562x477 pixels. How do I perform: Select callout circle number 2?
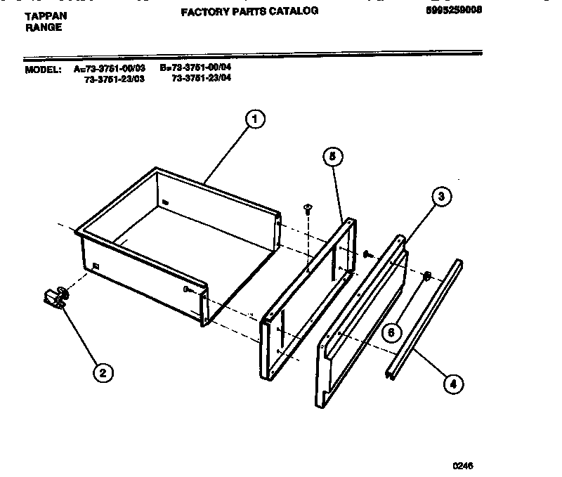[x=102, y=373]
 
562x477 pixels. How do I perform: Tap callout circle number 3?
[x=440, y=197]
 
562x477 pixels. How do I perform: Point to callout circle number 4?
[x=453, y=383]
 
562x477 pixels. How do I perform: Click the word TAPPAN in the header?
[x=46, y=14]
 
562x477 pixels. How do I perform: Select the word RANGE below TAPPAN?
[x=43, y=27]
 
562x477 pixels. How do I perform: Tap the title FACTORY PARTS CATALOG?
[x=249, y=11]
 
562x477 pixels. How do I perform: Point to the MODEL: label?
[x=44, y=70]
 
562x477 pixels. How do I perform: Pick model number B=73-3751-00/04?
[x=195, y=68]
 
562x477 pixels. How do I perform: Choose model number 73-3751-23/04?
[x=201, y=78]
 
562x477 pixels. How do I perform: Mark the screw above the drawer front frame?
[x=307, y=207]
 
